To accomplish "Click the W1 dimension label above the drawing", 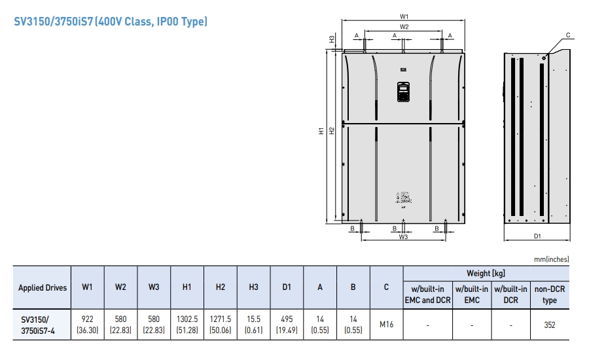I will [404, 16].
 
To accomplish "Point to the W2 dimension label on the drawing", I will [404, 27].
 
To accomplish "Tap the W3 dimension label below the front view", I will [404, 237].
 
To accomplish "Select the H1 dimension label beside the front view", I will [321, 131].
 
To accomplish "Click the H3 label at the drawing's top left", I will [332, 40].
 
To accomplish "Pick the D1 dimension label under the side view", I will [537, 236].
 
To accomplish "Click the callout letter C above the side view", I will [567, 35].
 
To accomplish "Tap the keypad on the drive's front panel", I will [403, 92].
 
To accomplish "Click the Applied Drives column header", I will [43, 287].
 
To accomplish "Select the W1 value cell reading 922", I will [87, 324].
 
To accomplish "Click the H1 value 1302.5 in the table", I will [187, 324].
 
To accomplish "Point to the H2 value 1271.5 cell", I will [221, 324].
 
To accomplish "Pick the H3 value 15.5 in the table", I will [254, 324].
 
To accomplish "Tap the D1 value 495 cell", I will [287, 324].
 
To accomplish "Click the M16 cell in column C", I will [387, 324].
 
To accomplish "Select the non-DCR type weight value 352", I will [550, 324].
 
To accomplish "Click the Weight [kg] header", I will [486, 274].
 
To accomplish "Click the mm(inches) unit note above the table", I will [551, 259].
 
